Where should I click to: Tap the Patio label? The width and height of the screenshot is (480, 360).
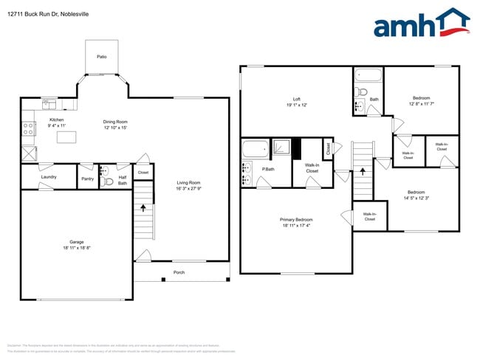coord(102,56)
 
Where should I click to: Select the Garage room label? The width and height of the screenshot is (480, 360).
coord(76,242)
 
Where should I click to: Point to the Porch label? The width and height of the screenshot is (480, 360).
coord(179,272)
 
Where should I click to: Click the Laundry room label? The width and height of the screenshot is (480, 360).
coord(49,177)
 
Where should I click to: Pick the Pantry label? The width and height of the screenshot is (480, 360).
coord(87,178)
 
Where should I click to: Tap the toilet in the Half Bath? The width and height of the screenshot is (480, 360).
coord(109,181)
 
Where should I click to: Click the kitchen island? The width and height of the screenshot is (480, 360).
coord(67,137)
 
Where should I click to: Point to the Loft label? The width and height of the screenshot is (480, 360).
coord(296,99)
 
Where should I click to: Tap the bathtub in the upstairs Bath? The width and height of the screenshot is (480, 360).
coord(367,75)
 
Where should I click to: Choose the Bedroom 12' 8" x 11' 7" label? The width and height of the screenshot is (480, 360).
coord(422,98)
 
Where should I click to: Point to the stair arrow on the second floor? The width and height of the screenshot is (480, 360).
coord(362,170)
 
